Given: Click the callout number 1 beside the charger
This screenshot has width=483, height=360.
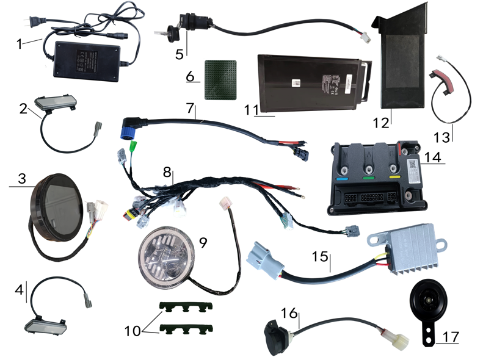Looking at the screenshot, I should pyautogui.click(x=19, y=45).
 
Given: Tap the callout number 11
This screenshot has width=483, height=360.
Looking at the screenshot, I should pyautogui.click(x=249, y=110).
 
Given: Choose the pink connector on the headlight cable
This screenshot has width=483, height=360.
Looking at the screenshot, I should pyautogui.click(x=224, y=202).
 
